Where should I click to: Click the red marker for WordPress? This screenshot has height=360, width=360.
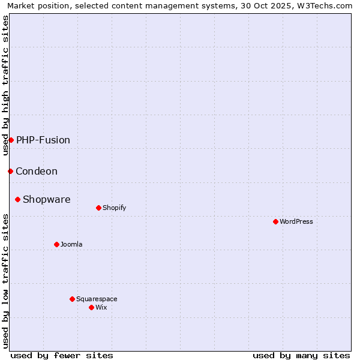(x=275, y=221)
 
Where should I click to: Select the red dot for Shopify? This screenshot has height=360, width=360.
(x=98, y=208)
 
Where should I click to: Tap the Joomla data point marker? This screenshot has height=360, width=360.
(x=56, y=244)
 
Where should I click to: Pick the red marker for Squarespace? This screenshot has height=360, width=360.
(x=72, y=299)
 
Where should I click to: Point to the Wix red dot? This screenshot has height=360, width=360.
(x=91, y=307)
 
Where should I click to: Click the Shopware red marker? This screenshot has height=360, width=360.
(x=17, y=199)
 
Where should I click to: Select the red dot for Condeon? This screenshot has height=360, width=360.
(x=10, y=171)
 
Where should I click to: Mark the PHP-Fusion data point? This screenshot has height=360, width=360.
(x=11, y=140)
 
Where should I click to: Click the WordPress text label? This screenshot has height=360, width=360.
(x=296, y=221)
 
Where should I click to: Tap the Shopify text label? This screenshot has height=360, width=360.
(x=114, y=208)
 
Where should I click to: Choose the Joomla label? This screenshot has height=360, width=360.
(x=71, y=244)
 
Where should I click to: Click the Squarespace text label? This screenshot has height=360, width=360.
(x=97, y=299)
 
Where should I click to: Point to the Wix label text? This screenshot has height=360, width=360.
(x=101, y=307)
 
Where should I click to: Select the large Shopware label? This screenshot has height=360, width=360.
(x=46, y=199)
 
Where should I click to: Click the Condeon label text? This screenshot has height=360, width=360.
(x=37, y=171)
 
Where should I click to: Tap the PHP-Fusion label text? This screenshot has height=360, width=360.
(x=43, y=140)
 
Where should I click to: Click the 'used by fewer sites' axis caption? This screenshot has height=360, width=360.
(x=62, y=355)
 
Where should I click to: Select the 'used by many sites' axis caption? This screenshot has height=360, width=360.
(x=301, y=355)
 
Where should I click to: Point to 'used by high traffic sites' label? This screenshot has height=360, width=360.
(x=5, y=85)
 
